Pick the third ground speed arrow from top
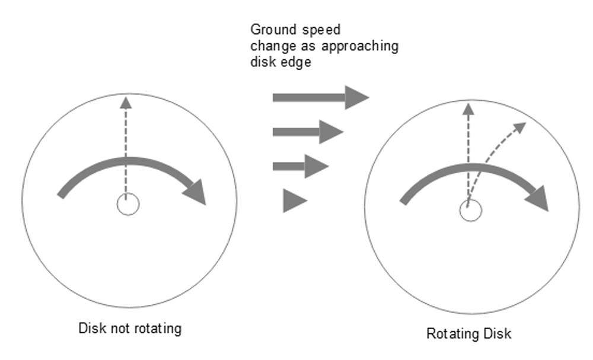[x=300, y=166]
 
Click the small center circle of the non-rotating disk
[x=127, y=205]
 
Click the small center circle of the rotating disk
[x=470, y=211]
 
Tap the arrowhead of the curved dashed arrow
[x=520, y=126]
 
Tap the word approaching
[x=367, y=46]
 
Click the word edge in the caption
[x=298, y=63]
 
